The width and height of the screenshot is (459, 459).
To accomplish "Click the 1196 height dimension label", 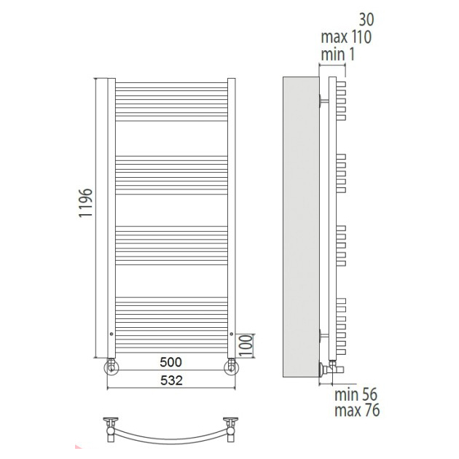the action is [x=85, y=203].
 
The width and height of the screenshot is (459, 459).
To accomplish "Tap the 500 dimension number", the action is [x=170, y=362].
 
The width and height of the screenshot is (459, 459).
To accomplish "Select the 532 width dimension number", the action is [x=171, y=380].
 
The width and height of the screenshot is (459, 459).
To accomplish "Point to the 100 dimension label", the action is [x=246, y=345].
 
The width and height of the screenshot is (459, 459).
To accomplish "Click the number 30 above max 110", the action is [x=366, y=20].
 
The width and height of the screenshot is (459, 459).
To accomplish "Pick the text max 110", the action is [x=346, y=37].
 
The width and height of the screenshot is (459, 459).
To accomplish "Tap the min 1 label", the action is [x=338, y=55].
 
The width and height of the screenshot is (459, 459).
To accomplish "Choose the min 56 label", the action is [x=356, y=394].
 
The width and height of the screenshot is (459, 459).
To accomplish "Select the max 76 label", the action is [x=357, y=410].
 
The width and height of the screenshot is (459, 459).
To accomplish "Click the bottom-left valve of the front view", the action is [x=111, y=366].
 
